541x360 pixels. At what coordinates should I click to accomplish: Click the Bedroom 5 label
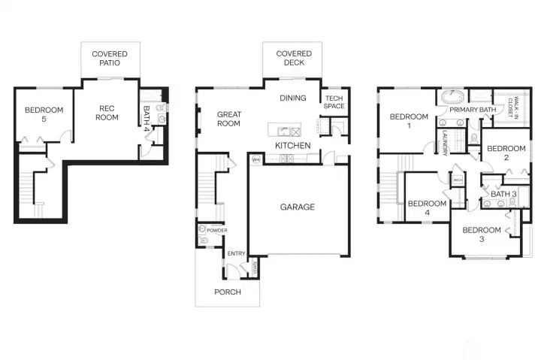[x=44, y=115]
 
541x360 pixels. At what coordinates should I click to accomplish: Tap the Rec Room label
[x=107, y=113]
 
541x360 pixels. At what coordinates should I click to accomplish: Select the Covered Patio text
[x=110, y=59]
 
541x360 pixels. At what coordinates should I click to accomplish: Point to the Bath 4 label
[x=147, y=118]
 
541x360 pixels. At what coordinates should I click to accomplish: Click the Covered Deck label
[x=294, y=59]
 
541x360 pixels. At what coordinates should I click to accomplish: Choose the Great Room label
[x=228, y=119]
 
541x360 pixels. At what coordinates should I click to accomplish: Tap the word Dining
[x=293, y=98]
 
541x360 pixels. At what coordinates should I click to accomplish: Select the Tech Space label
[x=334, y=102]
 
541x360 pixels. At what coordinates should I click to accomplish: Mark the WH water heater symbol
[x=255, y=159]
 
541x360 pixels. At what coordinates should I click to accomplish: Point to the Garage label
[x=298, y=207]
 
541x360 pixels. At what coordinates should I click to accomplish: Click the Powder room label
[x=217, y=230]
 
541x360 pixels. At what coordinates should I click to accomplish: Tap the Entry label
[x=236, y=253]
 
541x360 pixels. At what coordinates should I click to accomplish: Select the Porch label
[x=228, y=292]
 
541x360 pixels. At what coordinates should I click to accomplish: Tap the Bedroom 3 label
[x=481, y=234]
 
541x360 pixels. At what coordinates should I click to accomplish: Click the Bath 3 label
[x=504, y=195]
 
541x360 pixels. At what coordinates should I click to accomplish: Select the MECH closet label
[x=458, y=180]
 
